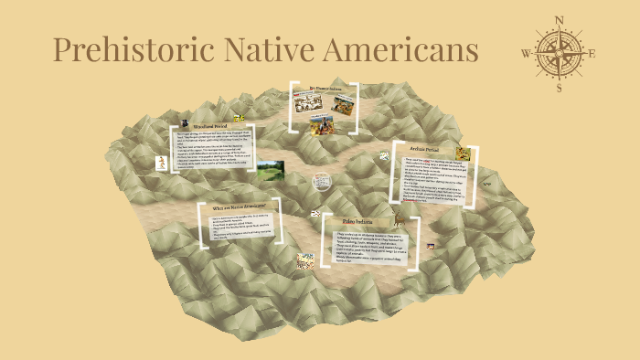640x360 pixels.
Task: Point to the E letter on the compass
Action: (592, 52)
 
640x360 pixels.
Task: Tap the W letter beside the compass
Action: (526, 53)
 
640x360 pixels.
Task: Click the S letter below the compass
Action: (559, 88)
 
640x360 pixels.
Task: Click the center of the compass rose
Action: (559, 52)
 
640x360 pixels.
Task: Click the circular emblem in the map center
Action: (321, 179)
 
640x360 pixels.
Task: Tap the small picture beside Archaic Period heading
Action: (464, 154)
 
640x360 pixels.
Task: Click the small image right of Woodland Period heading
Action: (240, 118)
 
